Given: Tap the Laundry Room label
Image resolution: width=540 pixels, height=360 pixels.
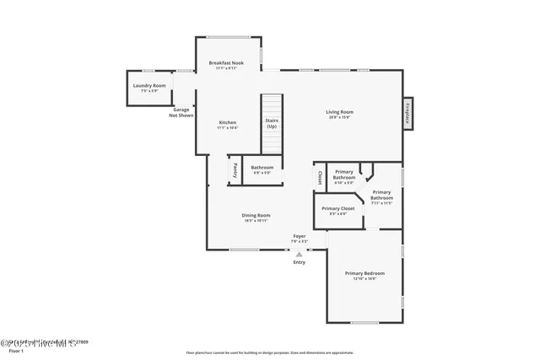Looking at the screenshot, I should click(x=148, y=88).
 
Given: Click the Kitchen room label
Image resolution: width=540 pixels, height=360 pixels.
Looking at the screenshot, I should click(x=227, y=125).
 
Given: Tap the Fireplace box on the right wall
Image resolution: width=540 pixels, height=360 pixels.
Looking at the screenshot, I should click(x=407, y=112).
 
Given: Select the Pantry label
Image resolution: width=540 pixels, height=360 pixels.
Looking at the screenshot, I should click(x=234, y=169).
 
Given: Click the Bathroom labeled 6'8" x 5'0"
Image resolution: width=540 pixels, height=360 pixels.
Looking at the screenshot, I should click(x=262, y=169).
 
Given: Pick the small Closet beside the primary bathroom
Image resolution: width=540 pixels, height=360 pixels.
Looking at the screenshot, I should click(x=320, y=178).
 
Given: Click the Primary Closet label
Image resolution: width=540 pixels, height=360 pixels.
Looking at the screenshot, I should click(x=337, y=210).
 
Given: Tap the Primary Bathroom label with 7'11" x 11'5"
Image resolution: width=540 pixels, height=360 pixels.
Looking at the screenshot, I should click(x=381, y=197).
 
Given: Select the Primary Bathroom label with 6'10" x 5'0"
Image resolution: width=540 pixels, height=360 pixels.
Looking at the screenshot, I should click(x=344, y=176).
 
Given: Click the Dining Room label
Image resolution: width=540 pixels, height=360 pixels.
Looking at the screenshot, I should click(x=256, y=218).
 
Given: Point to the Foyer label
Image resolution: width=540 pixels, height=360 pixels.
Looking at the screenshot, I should click(x=299, y=238).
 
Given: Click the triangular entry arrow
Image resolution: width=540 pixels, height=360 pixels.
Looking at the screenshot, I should click(x=299, y=252).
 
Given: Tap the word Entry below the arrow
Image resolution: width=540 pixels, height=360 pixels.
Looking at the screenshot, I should click(x=299, y=262).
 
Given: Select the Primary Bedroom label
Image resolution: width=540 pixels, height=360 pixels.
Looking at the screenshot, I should click(x=364, y=275).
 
